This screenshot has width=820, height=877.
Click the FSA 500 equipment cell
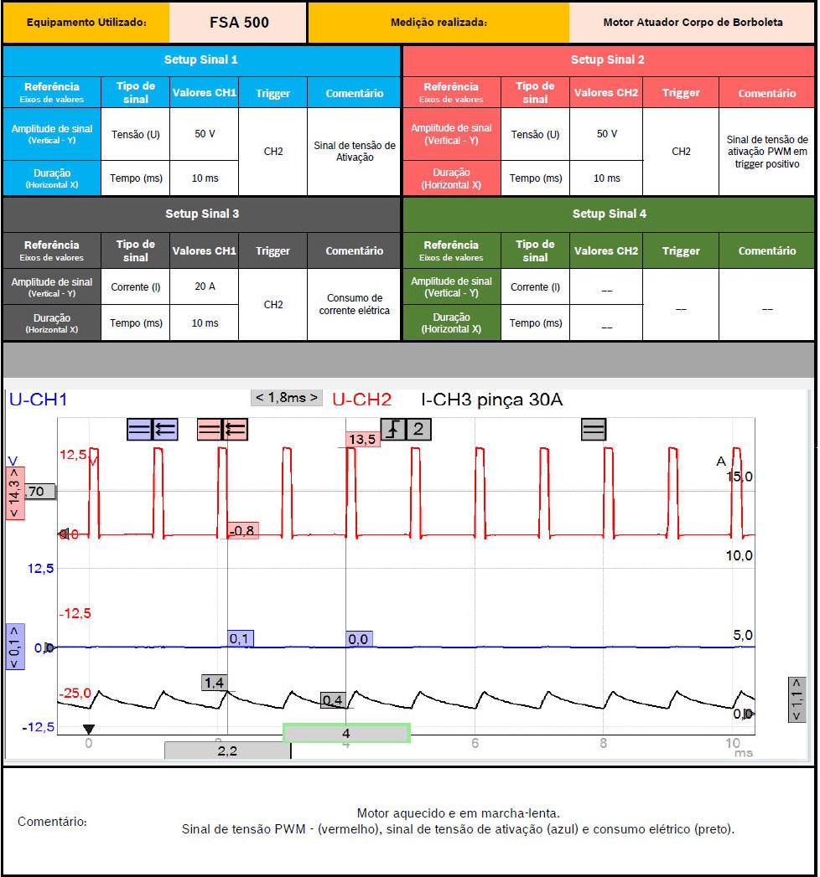tap(238, 23)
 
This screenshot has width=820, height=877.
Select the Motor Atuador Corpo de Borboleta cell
tap(692, 23)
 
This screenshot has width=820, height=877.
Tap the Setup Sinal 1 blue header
tap(201, 60)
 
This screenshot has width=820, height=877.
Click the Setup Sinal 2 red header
tap(608, 60)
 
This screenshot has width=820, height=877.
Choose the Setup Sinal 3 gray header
tap(201, 214)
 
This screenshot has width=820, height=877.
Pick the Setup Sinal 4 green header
tap(609, 214)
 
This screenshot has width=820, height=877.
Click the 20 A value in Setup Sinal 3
tap(205, 286)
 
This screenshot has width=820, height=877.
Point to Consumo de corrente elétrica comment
tap(354, 304)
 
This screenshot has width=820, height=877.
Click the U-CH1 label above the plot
tap(38, 400)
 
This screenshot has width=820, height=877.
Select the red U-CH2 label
tap(361, 400)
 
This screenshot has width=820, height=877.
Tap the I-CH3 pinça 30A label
tap(491, 400)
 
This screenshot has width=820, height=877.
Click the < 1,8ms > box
tap(287, 397)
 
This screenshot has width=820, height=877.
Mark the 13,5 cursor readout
tap(362, 440)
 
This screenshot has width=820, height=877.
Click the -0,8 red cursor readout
tap(242, 530)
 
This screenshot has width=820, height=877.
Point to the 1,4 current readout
tap(215, 683)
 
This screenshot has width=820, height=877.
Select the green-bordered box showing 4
tap(346, 734)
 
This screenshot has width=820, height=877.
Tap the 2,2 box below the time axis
tap(227, 751)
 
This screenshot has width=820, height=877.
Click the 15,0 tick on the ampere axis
tap(740, 477)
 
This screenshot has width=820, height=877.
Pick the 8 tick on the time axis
tap(604, 743)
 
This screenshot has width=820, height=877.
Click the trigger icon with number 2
tap(407, 430)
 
